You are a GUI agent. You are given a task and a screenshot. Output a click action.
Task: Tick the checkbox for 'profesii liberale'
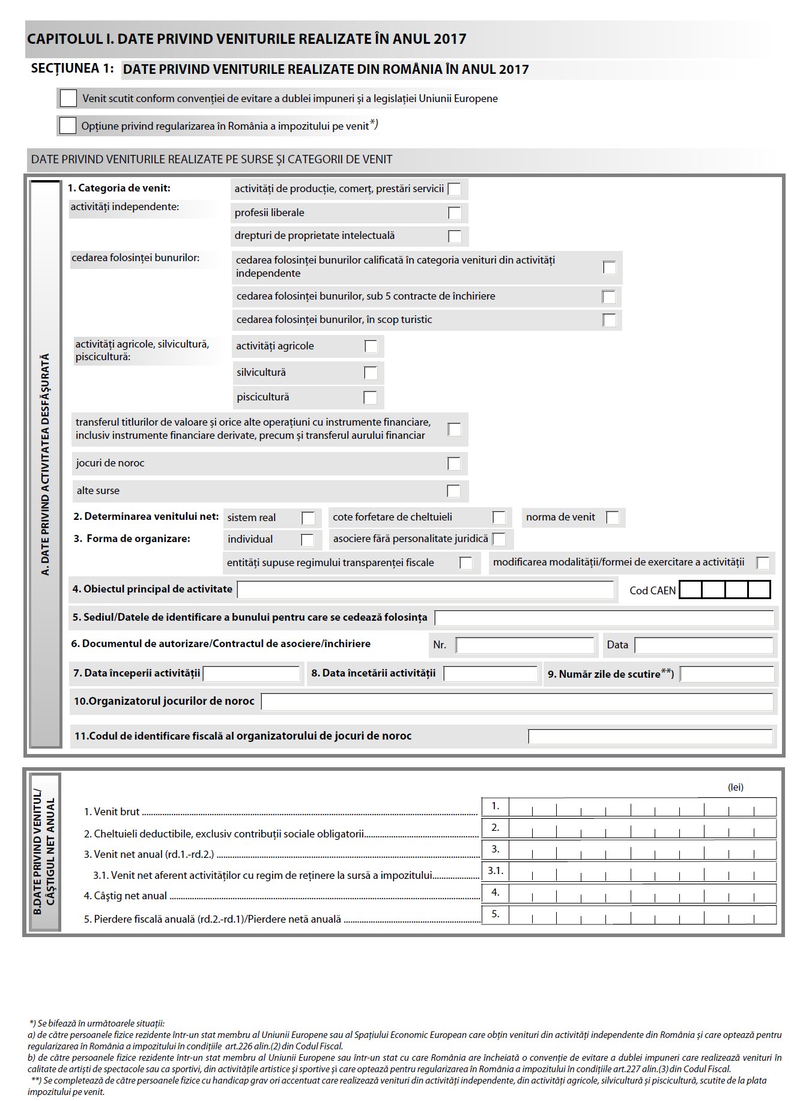coord(455,213)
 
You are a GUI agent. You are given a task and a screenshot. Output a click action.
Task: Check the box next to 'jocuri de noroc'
coord(454,463)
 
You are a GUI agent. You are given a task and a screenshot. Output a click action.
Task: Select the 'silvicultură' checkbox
coord(371,373)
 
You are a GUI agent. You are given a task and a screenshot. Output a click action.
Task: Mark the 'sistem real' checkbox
coord(308,518)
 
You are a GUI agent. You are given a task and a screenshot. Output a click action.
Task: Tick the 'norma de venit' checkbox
coord(613,517)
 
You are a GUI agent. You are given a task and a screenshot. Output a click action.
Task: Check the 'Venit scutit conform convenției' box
coord(68,98)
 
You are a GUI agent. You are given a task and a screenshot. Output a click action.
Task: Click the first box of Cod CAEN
coord(691,590)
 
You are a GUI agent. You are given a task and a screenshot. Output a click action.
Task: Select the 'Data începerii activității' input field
coord(251,674)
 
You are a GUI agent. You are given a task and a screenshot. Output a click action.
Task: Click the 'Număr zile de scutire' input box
coord(727,674)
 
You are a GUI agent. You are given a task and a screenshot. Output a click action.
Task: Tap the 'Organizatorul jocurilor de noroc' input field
coord(517,702)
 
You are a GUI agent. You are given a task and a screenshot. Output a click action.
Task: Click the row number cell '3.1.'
coord(495,870)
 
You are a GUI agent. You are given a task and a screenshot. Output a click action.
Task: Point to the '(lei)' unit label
coord(736,787)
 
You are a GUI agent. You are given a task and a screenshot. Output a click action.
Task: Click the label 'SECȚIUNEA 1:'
coord(72,68)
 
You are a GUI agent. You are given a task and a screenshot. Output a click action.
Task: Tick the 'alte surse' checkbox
coord(454,491)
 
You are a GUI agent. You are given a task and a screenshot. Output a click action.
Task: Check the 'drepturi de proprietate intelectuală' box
coord(455,237)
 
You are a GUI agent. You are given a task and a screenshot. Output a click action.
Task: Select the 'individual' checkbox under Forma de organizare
coord(307,540)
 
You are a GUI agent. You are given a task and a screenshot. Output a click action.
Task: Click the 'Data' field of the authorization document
coord(703,645)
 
